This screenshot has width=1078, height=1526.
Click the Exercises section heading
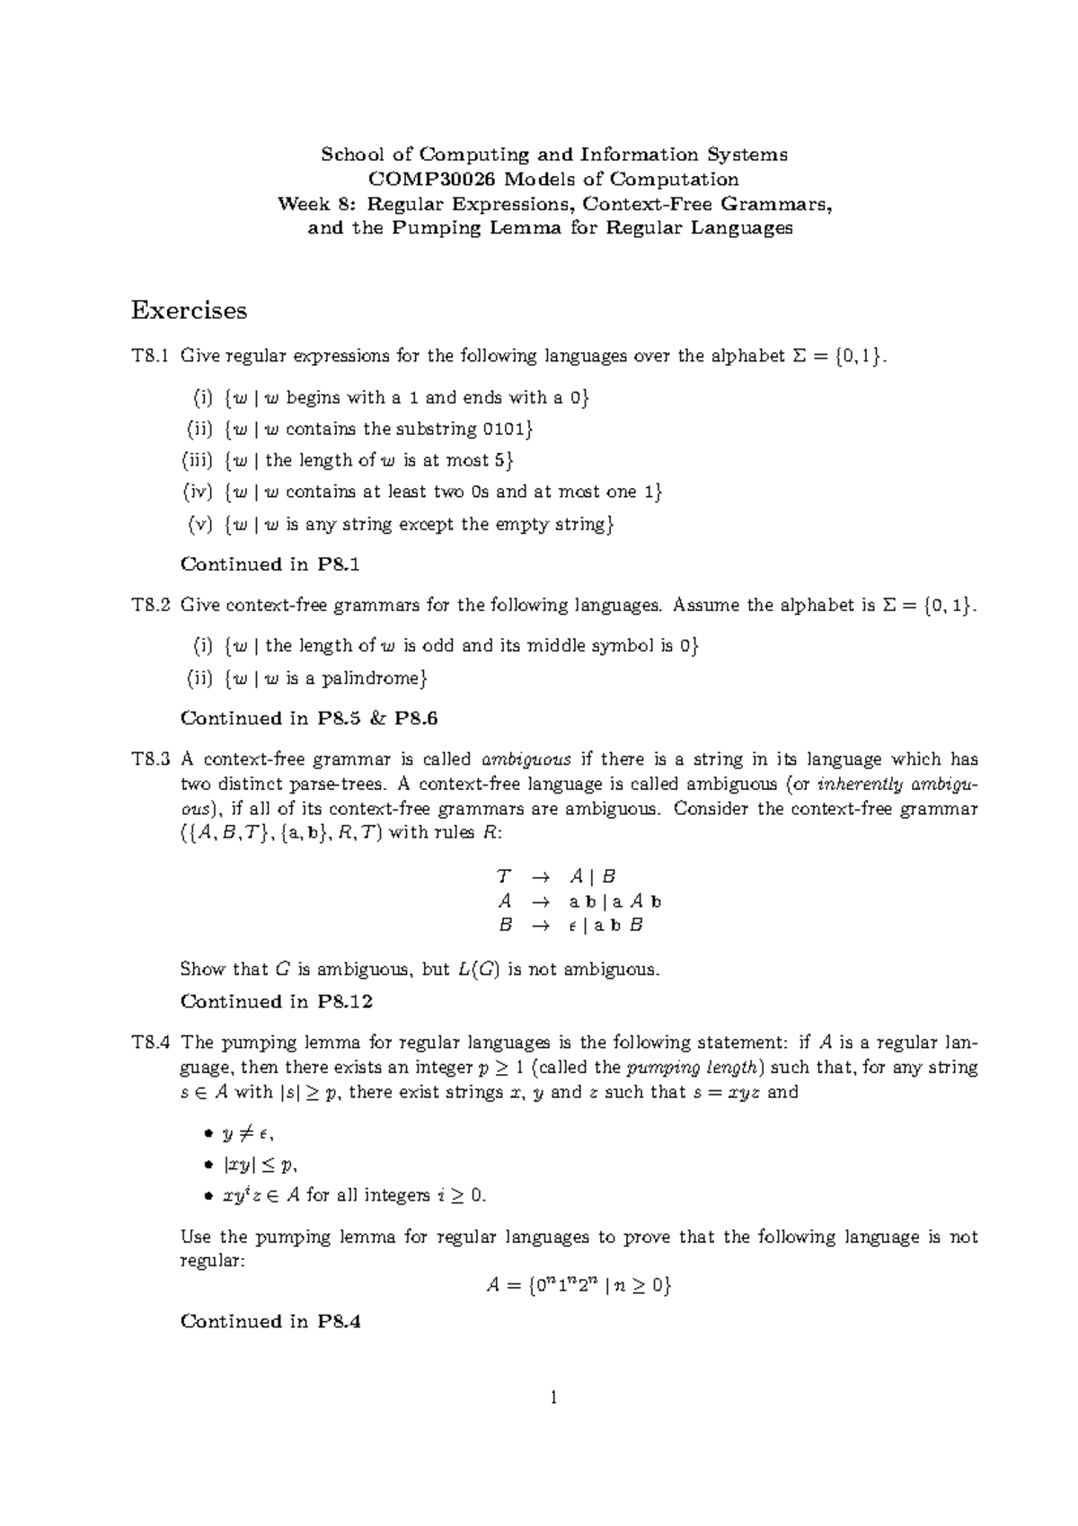coord(189,310)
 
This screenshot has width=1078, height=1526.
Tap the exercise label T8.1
coord(150,356)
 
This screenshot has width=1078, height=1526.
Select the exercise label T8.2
coord(150,605)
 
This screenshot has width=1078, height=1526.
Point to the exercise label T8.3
coord(150,759)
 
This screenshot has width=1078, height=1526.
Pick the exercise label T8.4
coord(150,1042)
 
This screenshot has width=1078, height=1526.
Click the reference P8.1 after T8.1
coord(338,564)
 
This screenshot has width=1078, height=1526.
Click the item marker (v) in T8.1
coord(199,524)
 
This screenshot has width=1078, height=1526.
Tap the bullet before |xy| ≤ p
coord(208,1166)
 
